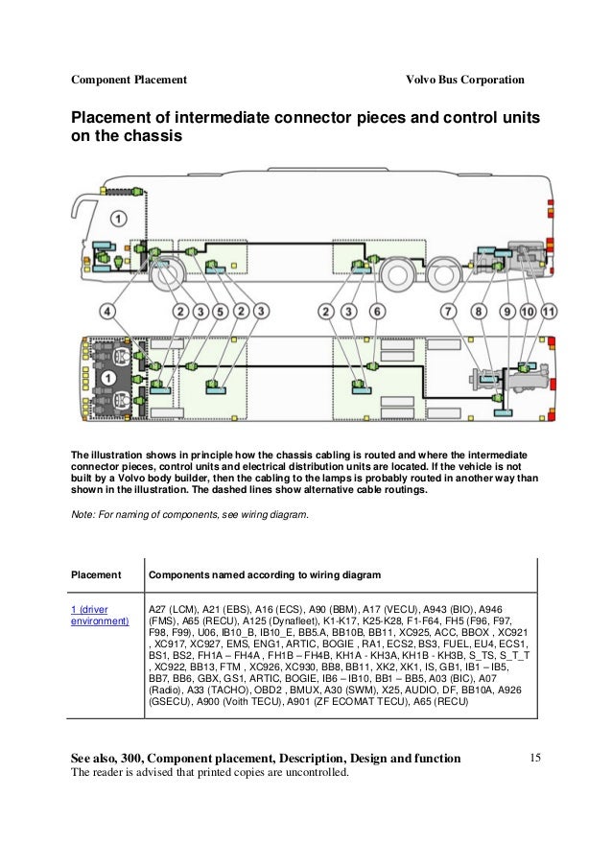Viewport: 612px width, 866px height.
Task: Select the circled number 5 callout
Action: pyautogui.click(x=221, y=312)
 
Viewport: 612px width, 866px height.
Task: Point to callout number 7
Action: pyautogui.click(x=448, y=312)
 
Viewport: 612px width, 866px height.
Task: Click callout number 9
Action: pyautogui.click(x=507, y=312)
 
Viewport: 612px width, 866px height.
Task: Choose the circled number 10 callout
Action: pyautogui.click(x=528, y=312)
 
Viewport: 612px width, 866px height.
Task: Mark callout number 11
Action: pyautogui.click(x=548, y=312)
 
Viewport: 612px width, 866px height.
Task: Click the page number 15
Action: pyautogui.click(x=535, y=759)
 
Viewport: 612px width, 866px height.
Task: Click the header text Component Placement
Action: pyautogui.click(x=129, y=79)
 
